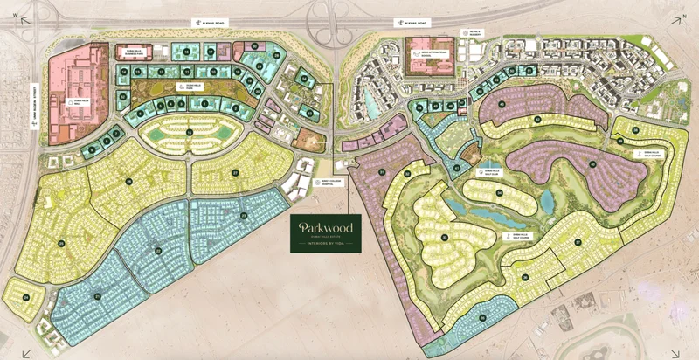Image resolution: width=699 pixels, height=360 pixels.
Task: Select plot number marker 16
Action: click(x=189, y=132)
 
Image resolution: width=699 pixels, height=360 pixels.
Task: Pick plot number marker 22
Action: click(x=158, y=251)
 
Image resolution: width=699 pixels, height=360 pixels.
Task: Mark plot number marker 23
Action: click(x=244, y=215)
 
